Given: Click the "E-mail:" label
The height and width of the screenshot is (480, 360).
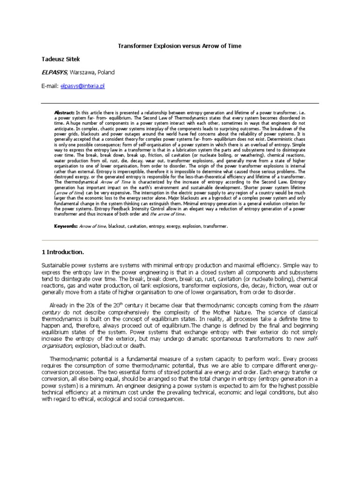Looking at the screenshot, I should (x=50, y=86).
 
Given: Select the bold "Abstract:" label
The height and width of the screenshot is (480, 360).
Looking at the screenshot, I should (x=65, y=113).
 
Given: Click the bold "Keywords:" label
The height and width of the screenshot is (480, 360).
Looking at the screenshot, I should (x=66, y=226).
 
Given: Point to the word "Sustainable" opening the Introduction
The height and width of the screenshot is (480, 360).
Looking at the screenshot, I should (x=56, y=265).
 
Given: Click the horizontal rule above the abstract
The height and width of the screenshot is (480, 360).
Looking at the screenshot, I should (x=180, y=103).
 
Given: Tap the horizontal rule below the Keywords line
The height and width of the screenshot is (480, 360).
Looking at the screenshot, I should (x=180, y=240).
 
